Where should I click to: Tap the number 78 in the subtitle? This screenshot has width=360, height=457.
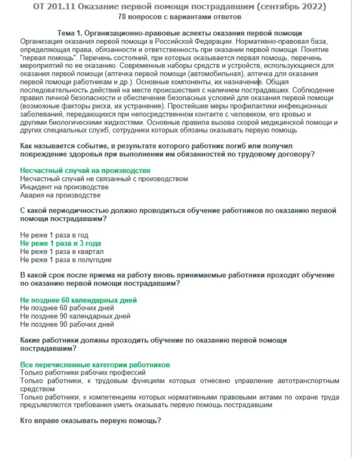tap(122, 17)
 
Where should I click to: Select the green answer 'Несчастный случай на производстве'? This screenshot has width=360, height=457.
tap(85, 171)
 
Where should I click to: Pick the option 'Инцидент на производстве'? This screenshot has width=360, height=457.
tap(64, 187)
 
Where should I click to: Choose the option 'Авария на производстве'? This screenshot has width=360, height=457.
tap(60, 195)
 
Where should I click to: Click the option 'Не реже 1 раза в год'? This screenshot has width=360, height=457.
tap(54, 235)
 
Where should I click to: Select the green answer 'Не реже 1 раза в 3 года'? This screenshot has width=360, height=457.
tap(61, 243)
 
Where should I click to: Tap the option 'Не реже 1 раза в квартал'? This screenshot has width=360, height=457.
tap(62, 252)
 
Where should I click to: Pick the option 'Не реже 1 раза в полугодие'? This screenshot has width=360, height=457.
tap(66, 260)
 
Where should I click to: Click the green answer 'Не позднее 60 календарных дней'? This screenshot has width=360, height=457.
tap(78, 300)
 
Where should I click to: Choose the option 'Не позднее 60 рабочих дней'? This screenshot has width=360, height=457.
tap(67, 308)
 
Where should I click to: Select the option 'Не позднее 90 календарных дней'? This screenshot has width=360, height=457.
tap(75, 317)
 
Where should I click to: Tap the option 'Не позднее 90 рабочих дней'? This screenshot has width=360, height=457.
tap(67, 324)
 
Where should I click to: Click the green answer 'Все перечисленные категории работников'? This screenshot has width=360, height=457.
tap(95, 365)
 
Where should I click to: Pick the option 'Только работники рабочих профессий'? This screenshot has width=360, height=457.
tap(83, 373)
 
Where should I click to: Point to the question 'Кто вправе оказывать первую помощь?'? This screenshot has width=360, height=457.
tap(90, 421)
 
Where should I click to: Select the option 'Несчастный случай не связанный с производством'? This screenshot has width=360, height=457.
tap(104, 179)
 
